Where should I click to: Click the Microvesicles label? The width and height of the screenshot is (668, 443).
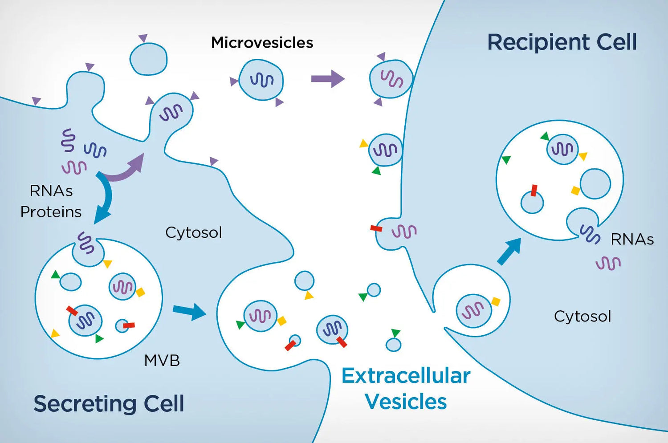(x=262, y=43)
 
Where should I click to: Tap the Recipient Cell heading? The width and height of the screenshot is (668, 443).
(x=562, y=42)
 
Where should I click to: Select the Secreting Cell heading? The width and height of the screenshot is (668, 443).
(x=109, y=403)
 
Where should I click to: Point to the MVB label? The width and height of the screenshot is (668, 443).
(x=162, y=360)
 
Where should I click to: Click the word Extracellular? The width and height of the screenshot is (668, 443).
(x=406, y=376)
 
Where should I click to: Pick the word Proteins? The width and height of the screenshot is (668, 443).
(x=51, y=212)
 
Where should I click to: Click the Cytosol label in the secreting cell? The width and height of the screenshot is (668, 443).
(x=193, y=232)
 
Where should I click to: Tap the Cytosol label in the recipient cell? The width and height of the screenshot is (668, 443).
(x=582, y=316)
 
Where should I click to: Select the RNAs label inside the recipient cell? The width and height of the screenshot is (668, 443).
(x=632, y=240)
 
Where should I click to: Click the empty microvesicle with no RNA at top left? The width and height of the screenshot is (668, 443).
(x=148, y=59)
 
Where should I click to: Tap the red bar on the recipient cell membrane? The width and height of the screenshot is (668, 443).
(x=376, y=228)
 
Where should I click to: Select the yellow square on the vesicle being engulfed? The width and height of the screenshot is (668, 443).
(x=496, y=301)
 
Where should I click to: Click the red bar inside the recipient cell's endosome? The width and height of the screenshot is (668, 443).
(x=534, y=190)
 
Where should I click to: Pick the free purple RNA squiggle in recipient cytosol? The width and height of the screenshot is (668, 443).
(x=608, y=263)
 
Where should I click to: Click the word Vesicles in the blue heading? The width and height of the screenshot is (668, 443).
(x=406, y=402)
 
